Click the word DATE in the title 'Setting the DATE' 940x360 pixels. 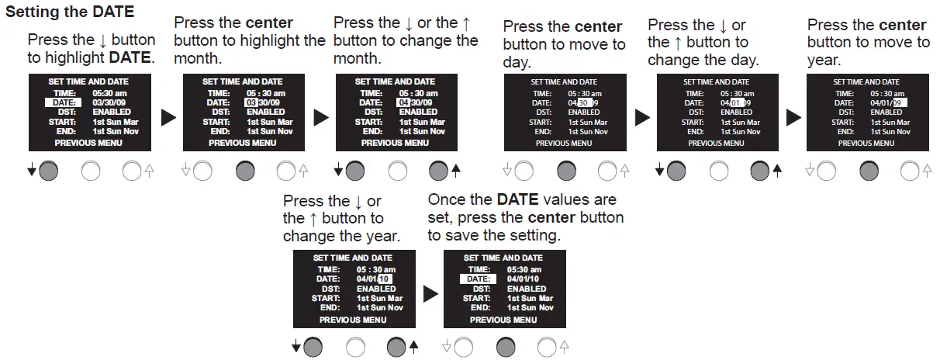[113, 12]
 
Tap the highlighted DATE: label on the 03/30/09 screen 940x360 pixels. [64, 102]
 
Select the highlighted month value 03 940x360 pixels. [251, 102]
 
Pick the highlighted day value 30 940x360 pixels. [585, 102]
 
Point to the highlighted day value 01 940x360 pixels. [737, 102]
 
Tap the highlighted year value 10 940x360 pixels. [385, 279]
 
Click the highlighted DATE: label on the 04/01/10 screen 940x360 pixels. [478, 279]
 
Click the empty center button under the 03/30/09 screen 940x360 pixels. [91, 171]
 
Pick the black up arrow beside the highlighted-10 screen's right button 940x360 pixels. [413, 347]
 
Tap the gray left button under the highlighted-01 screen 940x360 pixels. [676, 171]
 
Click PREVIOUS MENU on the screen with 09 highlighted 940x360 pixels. [866, 143]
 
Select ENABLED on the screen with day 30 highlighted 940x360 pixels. [584, 112]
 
